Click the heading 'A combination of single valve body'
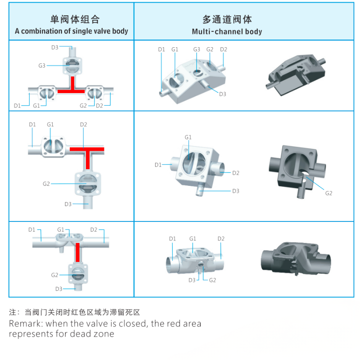(72, 31)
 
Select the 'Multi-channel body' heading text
(227, 31)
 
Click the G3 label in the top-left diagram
(42, 65)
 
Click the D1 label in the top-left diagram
(17, 105)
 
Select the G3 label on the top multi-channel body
(197, 49)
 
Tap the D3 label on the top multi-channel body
(222, 94)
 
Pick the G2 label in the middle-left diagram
(46, 184)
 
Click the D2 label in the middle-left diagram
(83, 124)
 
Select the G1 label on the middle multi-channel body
(188, 137)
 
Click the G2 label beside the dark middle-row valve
(328, 193)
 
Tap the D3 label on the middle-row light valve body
(236, 191)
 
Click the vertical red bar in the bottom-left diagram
(78, 253)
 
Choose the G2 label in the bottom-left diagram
(54, 275)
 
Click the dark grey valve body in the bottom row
(297, 258)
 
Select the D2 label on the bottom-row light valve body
(220, 238)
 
